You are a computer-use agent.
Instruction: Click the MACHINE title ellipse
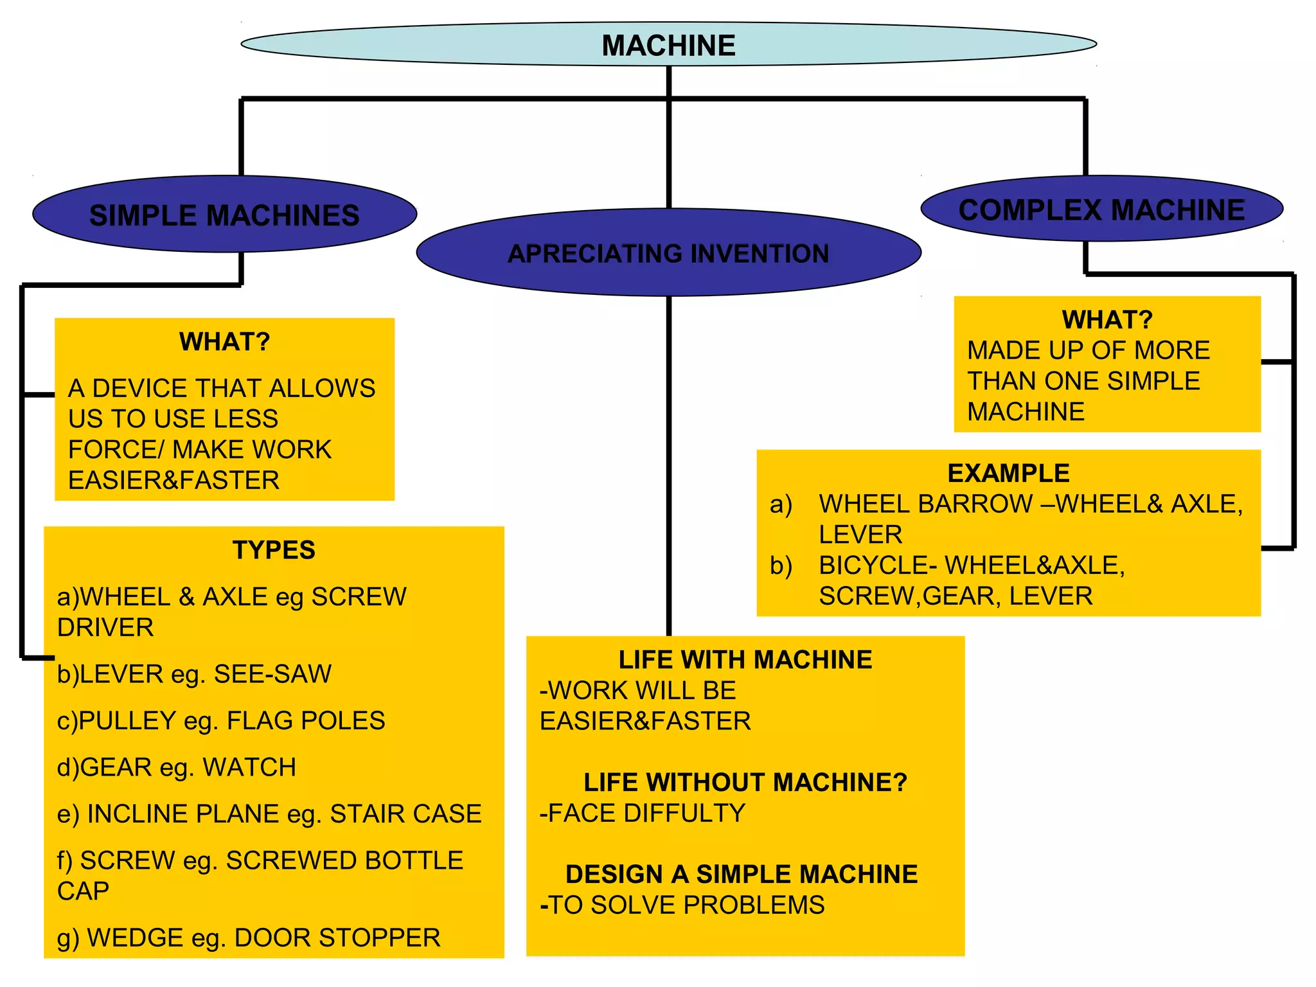coord(668,45)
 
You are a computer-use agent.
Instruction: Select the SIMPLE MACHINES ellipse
coord(224,215)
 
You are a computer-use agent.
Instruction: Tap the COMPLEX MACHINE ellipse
coord(1101,209)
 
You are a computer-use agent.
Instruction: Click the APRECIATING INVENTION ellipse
coord(668,253)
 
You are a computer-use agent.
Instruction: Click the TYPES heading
coord(274,550)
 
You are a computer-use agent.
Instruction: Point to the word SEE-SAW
coord(272,674)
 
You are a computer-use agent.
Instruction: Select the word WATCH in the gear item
coord(249,767)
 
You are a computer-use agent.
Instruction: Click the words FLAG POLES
coord(306,721)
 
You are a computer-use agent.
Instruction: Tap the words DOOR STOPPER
coord(337,938)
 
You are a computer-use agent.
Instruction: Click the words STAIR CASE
coord(405,814)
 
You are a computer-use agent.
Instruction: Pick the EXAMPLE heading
coord(1008,474)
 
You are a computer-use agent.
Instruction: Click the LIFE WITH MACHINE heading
coord(745,660)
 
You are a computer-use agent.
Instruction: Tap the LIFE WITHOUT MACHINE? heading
coord(745,783)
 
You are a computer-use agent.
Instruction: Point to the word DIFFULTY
coord(684,814)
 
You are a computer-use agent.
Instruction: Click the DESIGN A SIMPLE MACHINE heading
coord(742,875)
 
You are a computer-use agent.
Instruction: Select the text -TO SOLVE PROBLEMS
coord(682,905)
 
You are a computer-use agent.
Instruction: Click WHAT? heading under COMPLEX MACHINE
coord(1107,319)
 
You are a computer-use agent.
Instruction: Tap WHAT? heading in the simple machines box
coord(224,342)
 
